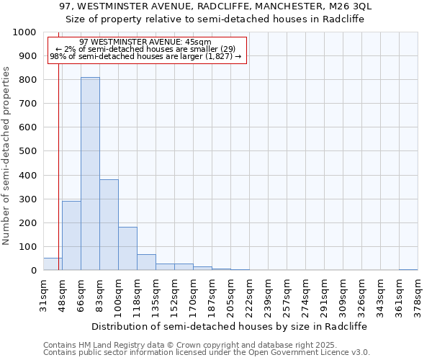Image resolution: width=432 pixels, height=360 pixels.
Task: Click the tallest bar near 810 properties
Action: click(x=90, y=174)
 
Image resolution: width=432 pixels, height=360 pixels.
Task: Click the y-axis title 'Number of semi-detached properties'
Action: click(x=7, y=156)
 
